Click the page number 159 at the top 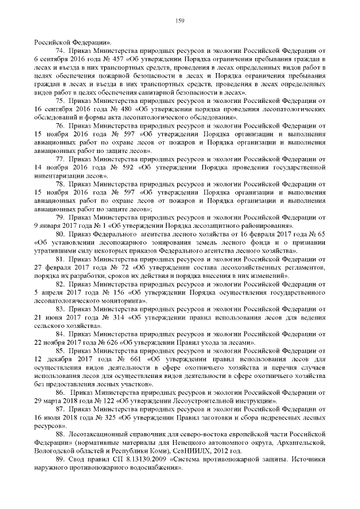tap(180, 21)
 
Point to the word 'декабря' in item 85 tap(62, 359)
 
